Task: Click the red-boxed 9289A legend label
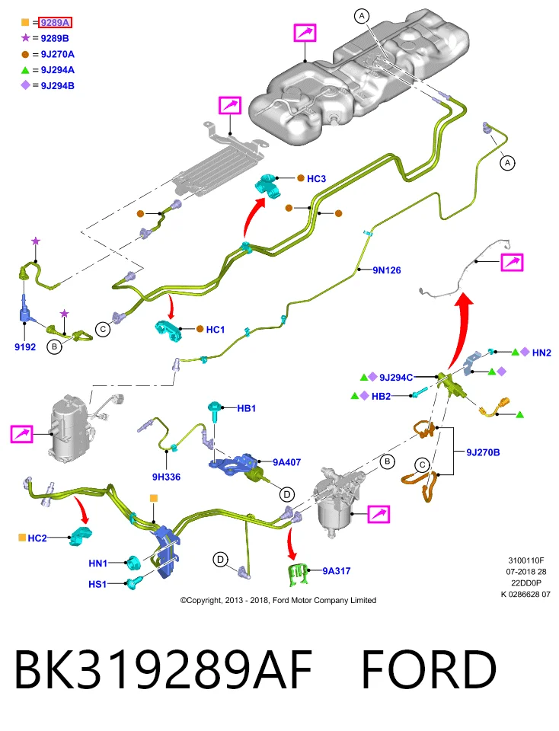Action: click(x=55, y=22)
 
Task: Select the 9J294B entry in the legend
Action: click(x=57, y=86)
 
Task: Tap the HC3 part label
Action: click(x=316, y=178)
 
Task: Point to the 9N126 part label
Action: click(x=386, y=270)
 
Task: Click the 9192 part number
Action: click(x=25, y=347)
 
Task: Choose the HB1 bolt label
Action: click(x=246, y=408)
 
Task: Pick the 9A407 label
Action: click(x=286, y=462)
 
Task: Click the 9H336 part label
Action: click(x=166, y=477)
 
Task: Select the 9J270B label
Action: click(x=483, y=452)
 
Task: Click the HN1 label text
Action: click(x=98, y=563)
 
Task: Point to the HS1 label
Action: click(x=97, y=584)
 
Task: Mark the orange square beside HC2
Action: click(x=22, y=538)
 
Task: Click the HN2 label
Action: click(x=541, y=353)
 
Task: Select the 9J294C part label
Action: click(x=396, y=378)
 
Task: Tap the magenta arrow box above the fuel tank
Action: click(x=305, y=33)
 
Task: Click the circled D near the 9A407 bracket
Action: click(x=286, y=494)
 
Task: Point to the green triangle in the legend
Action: click(x=25, y=70)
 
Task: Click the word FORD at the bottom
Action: click(x=429, y=669)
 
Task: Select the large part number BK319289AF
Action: click(x=163, y=669)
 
